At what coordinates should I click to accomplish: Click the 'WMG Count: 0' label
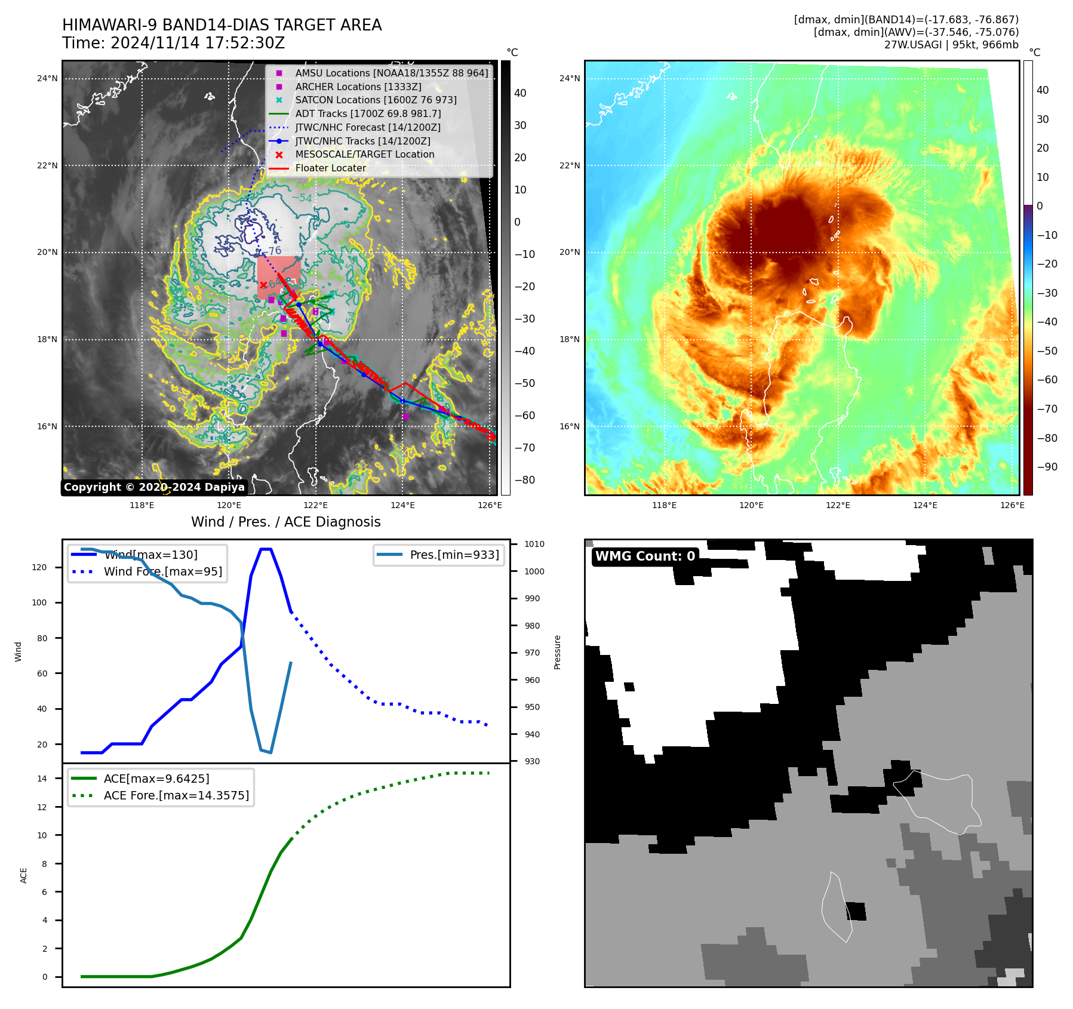pyautogui.click(x=645, y=556)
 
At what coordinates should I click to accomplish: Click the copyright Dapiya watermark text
pyautogui.click(x=154, y=487)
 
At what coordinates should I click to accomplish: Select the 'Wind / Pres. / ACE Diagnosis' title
pyautogui.click(x=285, y=522)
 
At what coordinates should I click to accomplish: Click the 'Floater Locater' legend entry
pyautogui.click(x=330, y=168)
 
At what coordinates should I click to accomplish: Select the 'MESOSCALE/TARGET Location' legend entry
pyautogui.click(x=364, y=155)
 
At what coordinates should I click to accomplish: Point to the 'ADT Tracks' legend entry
pyautogui.click(x=368, y=113)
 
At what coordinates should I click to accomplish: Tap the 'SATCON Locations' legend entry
pyautogui.click(x=376, y=100)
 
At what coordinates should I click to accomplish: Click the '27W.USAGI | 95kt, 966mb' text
pyautogui.click(x=951, y=45)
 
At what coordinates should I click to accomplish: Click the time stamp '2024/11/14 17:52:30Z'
pyautogui.click(x=197, y=43)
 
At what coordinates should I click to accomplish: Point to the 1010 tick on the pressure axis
pyautogui.click(x=534, y=544)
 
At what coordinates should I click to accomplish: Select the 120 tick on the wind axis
pyautogui.click(x=39, y=567)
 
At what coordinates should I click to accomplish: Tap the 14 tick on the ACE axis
pyautogui.click(x=42, y=779)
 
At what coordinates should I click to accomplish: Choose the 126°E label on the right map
pyautogui.click(x=1012, y=505)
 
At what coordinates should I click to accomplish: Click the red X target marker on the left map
pyautogui.click(x=263, y=285)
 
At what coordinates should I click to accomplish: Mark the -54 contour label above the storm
pyautogui.click(x=302, y=198)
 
